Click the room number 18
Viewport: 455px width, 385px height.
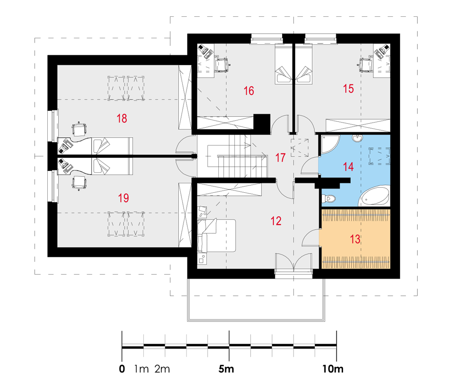coord(122,118)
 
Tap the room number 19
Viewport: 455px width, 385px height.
coord(123,198)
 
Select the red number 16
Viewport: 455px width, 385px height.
coord(249,91)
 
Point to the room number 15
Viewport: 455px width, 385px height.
coord(348,89)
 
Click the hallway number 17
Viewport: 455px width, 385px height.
coord(280,158)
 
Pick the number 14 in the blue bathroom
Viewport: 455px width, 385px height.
coord(348,167)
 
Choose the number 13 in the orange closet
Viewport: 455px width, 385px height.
coord(355,239)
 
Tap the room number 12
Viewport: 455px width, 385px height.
coord(276,221)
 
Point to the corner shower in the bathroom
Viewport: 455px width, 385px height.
coord(330,144)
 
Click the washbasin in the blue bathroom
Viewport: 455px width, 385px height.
coord(357,138)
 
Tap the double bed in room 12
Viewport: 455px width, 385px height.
coord(217,235)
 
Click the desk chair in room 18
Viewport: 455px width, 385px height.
coord(79,129)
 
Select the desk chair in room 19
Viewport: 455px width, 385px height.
coord(79,183)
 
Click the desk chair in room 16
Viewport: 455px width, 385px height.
coord(222,65)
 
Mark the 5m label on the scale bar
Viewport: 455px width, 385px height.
coord(226,369)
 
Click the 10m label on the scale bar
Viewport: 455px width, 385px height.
coord(333,369)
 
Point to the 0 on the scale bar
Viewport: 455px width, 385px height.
coord(122,369)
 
